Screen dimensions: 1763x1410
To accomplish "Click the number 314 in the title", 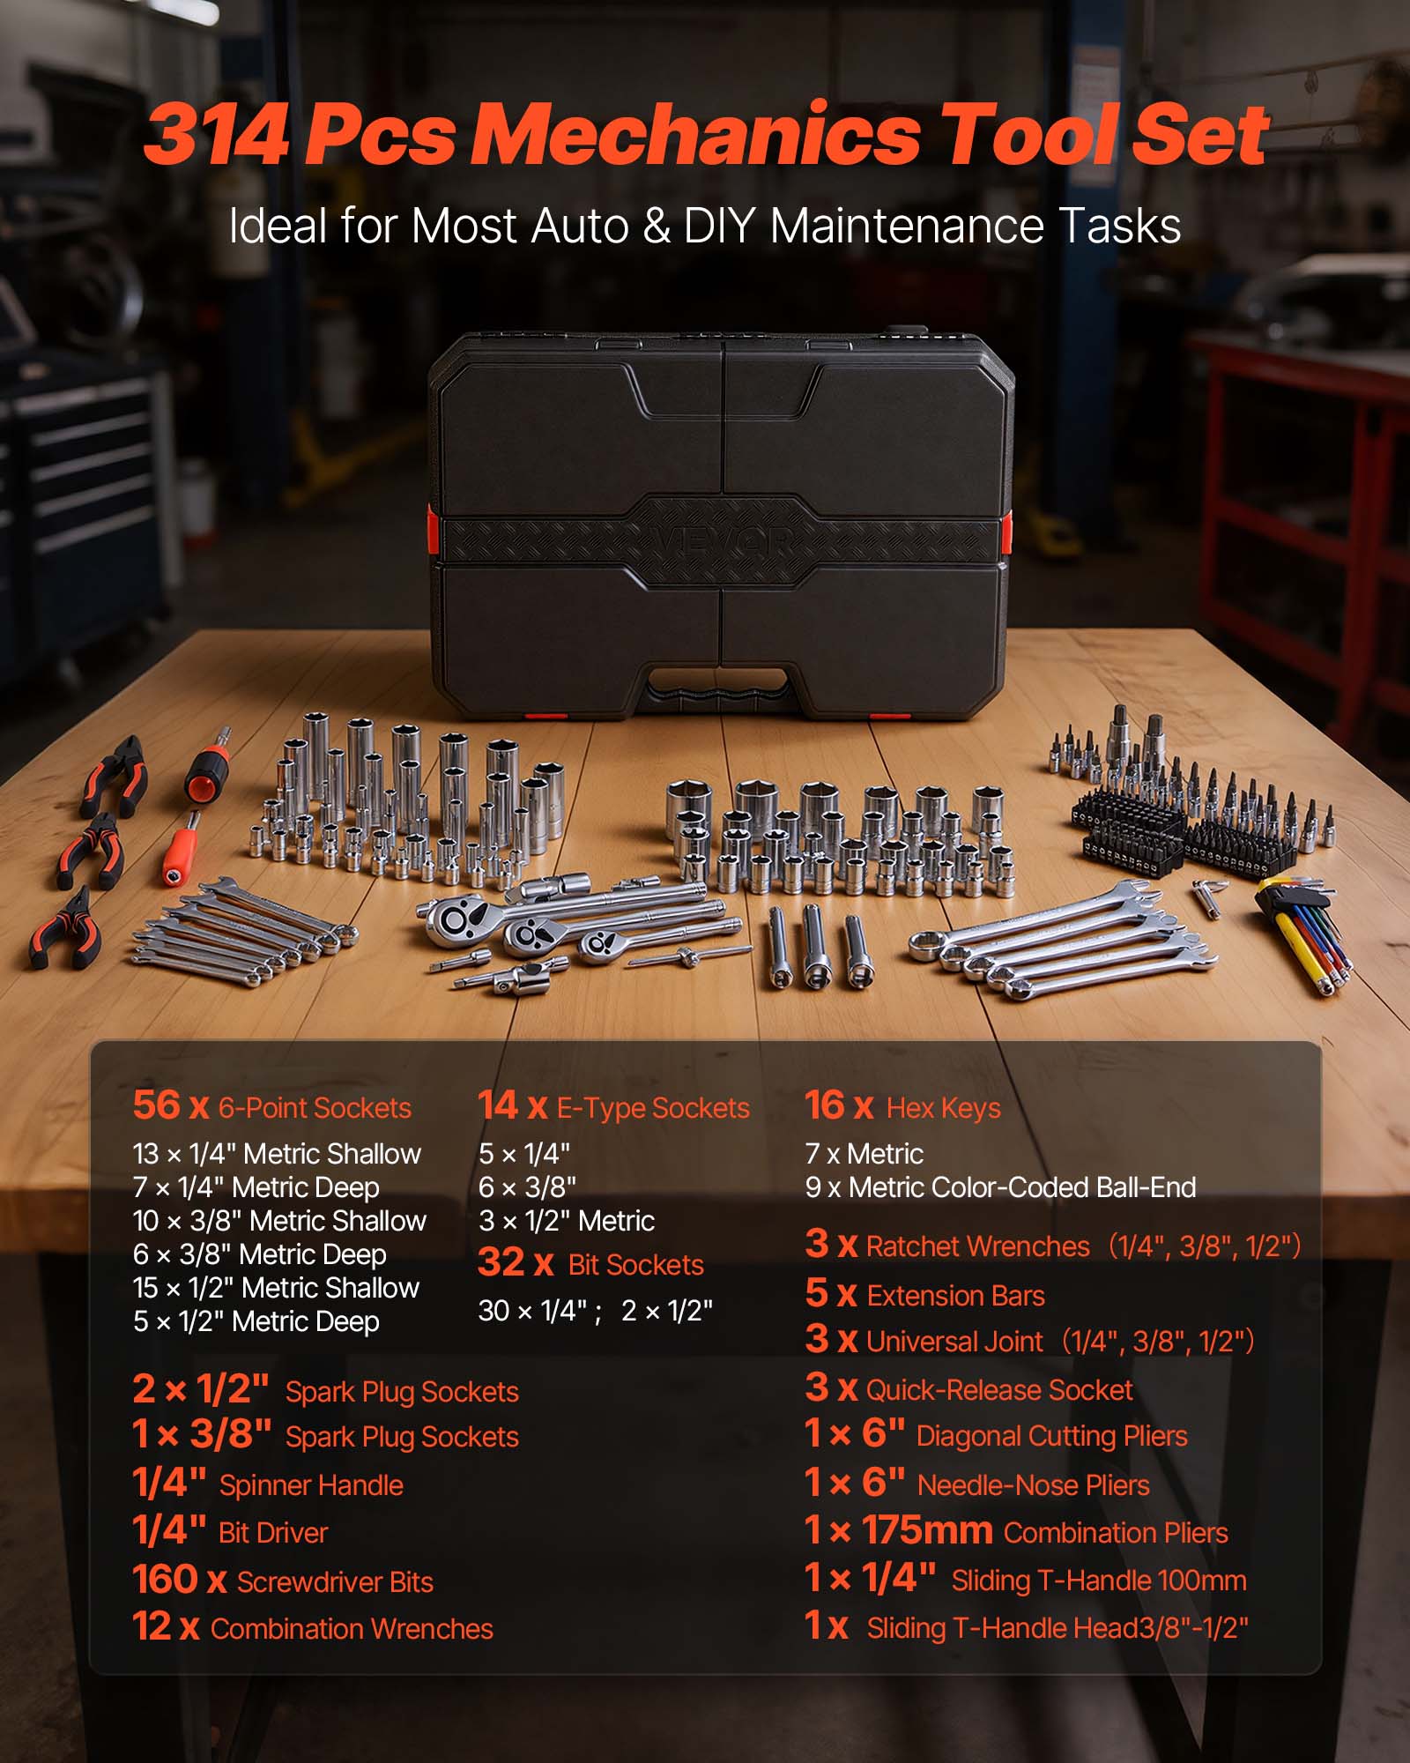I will point(216,134).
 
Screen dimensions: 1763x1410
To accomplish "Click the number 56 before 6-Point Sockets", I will point(156,1105).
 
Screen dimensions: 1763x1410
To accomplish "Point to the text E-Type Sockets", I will point(653,1108).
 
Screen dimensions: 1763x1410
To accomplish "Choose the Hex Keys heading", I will point(943,1108).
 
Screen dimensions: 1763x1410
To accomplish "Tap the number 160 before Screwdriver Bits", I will point(165,1580).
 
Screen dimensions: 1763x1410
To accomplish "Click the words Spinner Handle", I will point(311,1485).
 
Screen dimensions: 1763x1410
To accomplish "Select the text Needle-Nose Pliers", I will point(1033,1485).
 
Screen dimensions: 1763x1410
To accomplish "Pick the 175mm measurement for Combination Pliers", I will point(927,1531).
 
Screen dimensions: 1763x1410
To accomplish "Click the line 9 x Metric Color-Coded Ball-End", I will point(1000,1187).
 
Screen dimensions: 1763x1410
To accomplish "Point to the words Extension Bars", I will point(955,1296).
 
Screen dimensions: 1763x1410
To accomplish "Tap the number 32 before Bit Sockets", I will point(501,1262).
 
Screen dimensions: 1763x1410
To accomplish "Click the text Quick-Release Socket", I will point(999,1390).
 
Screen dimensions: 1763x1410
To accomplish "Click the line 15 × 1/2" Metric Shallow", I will point(276,1288).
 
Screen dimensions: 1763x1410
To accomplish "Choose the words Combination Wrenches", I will point(352,1629).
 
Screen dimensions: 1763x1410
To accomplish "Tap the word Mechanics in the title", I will point(696,134).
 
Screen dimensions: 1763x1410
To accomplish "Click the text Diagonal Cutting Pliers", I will point(1051,1436).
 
